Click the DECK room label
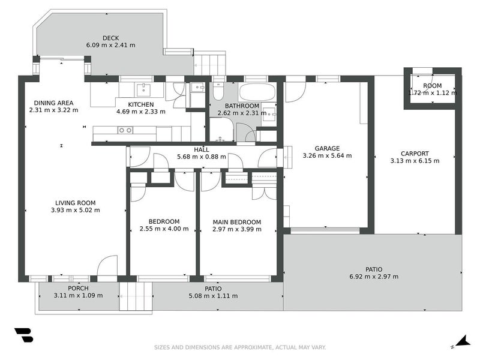click(x=111, y=37)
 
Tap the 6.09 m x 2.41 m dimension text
click(x=111, y=45)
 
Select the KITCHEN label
click(x=140, y=104)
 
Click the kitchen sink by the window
click(x=143, y=90)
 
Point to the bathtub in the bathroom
click(x=257, y=92)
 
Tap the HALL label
click(x=201, y=149)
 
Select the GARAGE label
click(x=327, y=148)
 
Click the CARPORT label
click(x=415, y=153)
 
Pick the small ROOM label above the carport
click(x=432, y=86)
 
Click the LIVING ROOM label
click(x=76, y=203)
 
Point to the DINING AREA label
click(x=54, y=103)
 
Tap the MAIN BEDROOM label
click(x=237, y=221)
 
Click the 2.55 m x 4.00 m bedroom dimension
click(x=164, y=229)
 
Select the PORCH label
click(x=78, y=288)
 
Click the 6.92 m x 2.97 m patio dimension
click(x=373, y=277)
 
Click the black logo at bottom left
click(x=23, y=335)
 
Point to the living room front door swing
click(x=108, y=266)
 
